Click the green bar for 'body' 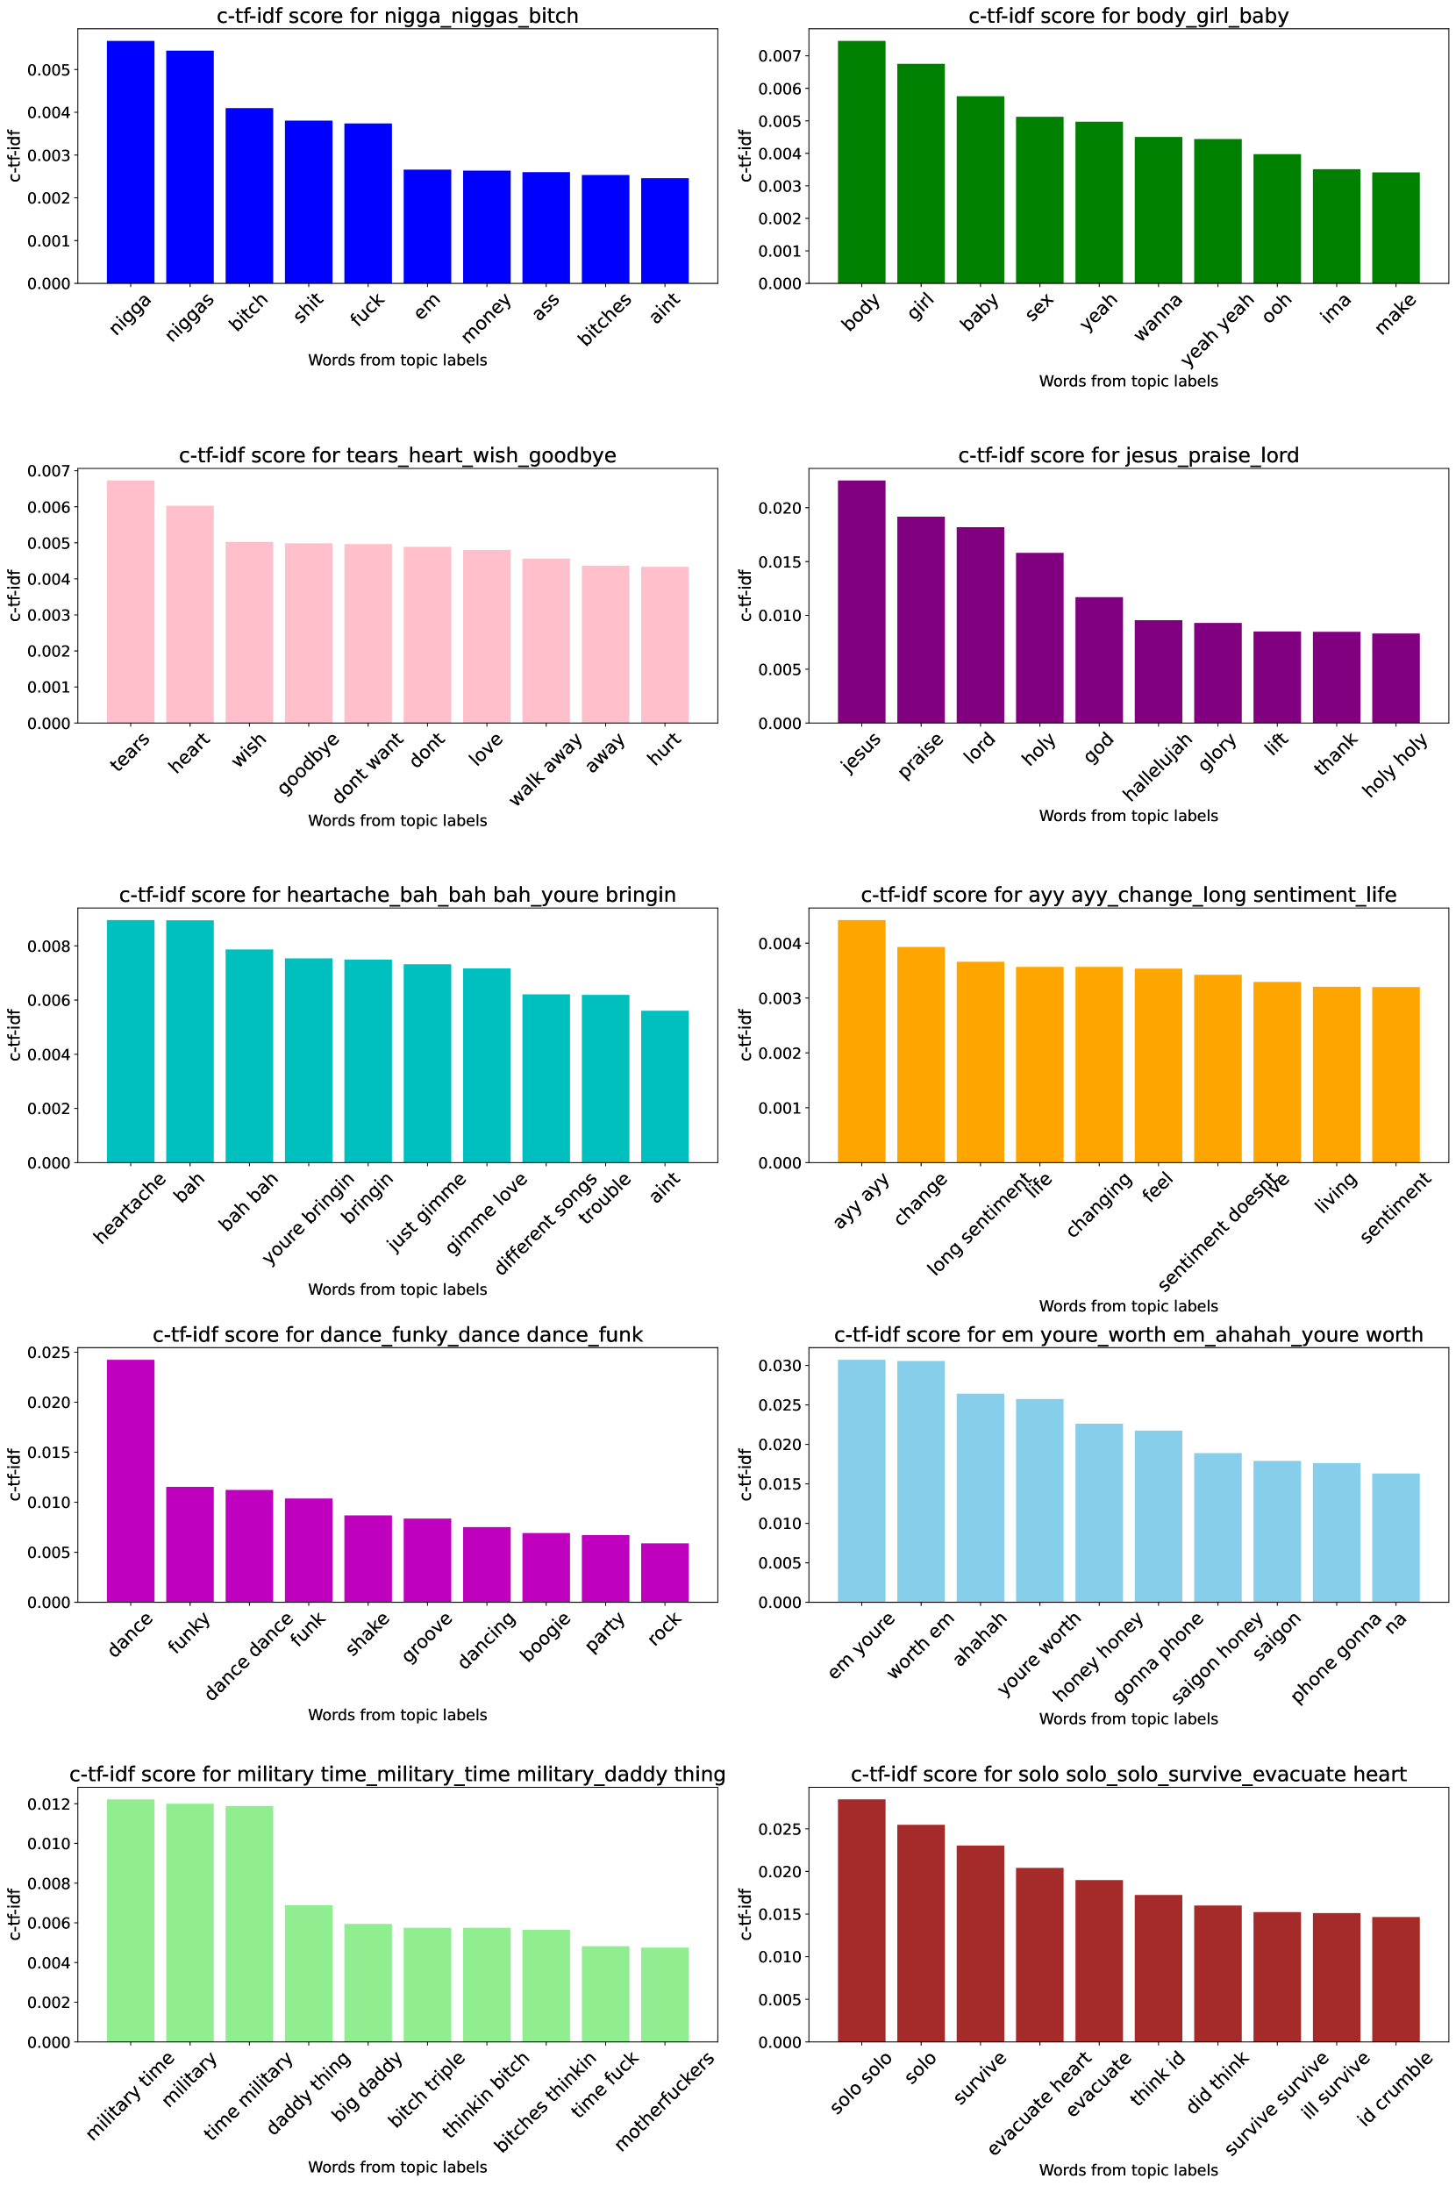click(860, 162)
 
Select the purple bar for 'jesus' click(860, 602)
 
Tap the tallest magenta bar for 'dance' click(130, 1482)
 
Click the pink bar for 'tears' click(130, 602)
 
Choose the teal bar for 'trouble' click(604, 1078)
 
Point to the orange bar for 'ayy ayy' click(860, 1041)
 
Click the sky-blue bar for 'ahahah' click(980, 1498)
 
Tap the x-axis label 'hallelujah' click(1156, 767)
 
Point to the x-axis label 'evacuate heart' click(1039, 2104)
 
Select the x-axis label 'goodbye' click(308, 764)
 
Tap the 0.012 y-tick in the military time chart click(48, 1804)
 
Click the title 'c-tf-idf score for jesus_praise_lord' click(1128, 455)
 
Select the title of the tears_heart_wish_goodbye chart click(397, 455)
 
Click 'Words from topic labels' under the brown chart click(1128, 2170)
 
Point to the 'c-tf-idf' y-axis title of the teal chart click(14, 1034)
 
